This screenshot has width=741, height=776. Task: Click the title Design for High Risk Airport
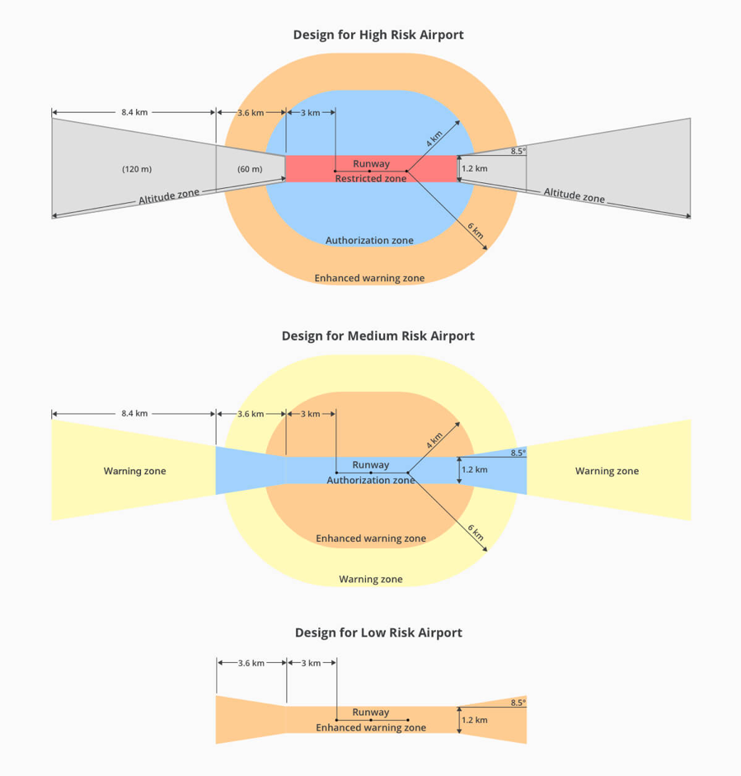(378, 35)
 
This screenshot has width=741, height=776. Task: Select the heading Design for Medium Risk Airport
(378, 336)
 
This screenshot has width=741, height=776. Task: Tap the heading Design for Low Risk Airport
(378, 633)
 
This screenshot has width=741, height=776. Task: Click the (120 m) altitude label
(137, 169)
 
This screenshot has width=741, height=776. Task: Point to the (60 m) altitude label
(250, 169)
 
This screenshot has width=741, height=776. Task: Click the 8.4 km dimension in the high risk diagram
(134, 112)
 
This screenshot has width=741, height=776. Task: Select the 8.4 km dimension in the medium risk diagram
(134, 413)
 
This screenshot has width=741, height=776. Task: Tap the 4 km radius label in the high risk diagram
(434, 139)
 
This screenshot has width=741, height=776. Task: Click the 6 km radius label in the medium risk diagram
(476, 533)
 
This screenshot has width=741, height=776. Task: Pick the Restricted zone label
(371, 179)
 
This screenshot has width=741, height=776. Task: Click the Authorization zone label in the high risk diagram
(369, 241)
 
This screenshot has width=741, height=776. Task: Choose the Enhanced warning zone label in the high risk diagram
(369, 278)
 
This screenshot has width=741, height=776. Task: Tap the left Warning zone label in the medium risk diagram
(134, 471)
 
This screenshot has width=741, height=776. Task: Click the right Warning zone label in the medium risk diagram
(607, 471)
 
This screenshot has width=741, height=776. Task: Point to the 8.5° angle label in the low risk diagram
(518, 703)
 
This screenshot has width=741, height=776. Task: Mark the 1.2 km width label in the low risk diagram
(475, 720)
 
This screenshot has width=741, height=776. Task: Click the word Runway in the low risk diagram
(371, 713)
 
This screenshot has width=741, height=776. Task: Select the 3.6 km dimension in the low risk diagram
(251, 663)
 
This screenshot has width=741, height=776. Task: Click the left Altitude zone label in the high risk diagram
(169, 196)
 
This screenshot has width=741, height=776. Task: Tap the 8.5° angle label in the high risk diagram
(518, 152)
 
